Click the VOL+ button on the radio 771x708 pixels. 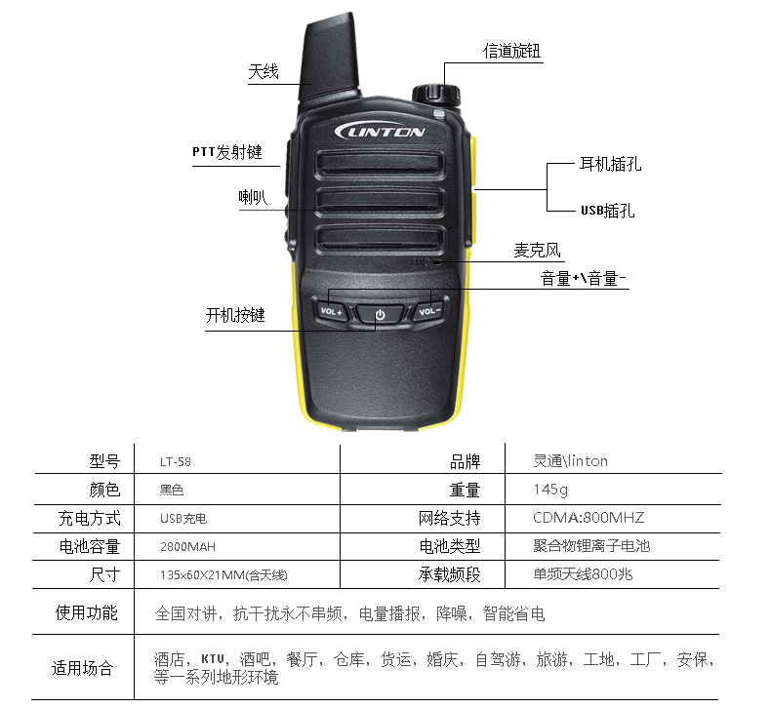(332, 310)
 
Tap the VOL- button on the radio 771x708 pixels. (429, 310)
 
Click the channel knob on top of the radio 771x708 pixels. (436, 95)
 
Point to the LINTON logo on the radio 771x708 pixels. (380, 132)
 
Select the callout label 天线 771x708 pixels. (264, 72)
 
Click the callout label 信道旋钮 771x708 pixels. (511, 51)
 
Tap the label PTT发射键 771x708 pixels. (227, 152)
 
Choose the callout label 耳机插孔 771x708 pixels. (610, 164)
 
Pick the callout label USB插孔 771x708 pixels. (608, 211)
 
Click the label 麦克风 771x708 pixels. (538, 250)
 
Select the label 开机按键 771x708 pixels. (235, 315)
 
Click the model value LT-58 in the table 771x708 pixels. (176, 462)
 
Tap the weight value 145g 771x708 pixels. (550, 490)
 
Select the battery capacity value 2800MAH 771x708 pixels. (187, 547)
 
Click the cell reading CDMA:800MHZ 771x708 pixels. (588, 518)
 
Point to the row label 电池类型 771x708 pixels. (450, 546)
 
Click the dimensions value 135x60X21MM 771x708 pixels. (203, 574)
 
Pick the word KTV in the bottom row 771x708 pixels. (213, 659)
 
